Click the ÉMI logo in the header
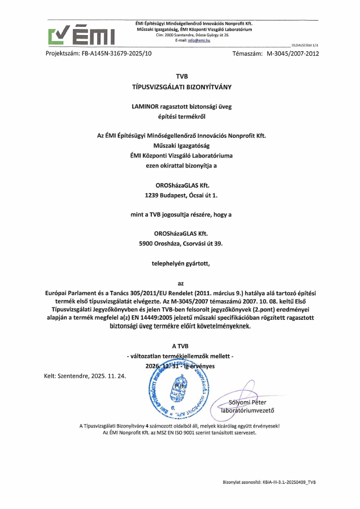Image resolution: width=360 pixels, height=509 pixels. (81, 34)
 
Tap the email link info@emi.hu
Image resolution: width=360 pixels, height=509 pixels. (199, 41)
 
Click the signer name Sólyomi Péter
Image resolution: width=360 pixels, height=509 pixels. (248, 402)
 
